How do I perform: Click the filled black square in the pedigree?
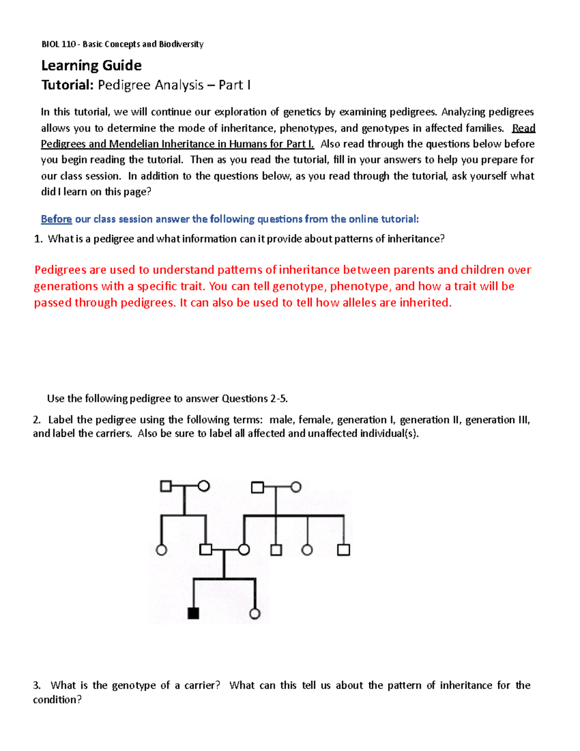193,613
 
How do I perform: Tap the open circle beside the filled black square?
255,614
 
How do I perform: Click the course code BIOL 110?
58,44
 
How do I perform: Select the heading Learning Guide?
91,65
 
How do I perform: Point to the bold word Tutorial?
67,85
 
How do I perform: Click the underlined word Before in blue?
56,219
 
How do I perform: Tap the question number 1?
38,239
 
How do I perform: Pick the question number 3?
37,685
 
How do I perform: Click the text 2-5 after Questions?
279,398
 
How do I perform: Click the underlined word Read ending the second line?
523,128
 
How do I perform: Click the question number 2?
37,420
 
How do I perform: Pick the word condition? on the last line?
58,700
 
